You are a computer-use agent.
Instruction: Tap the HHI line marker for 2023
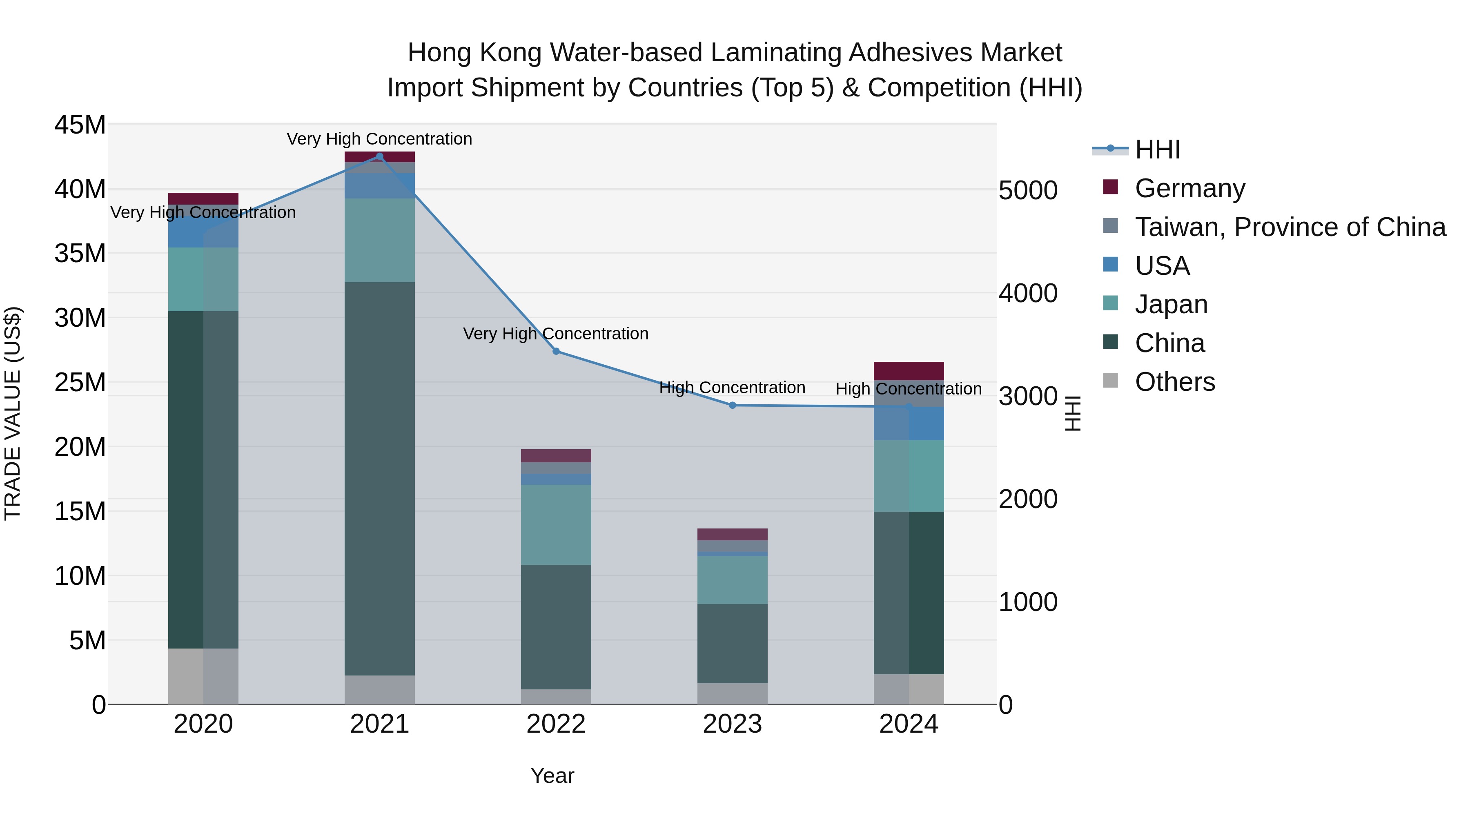(732, 405)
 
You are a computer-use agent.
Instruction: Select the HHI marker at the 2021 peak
(379, 156)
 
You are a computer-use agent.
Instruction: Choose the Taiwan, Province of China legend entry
(1290, 227)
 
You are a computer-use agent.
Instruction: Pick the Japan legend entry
(1171, 304)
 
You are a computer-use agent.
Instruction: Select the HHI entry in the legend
(1157, 149)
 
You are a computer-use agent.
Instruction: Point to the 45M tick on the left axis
(80, 125)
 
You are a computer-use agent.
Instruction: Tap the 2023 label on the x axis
(732, 724)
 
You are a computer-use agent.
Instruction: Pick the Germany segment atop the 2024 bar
(909, 370)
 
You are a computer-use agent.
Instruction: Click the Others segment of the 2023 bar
(732, 693)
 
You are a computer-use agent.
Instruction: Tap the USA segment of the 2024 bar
(909, 423)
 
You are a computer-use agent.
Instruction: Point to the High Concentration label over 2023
(732, 388)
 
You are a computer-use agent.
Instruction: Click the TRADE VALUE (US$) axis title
(13, 413)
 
